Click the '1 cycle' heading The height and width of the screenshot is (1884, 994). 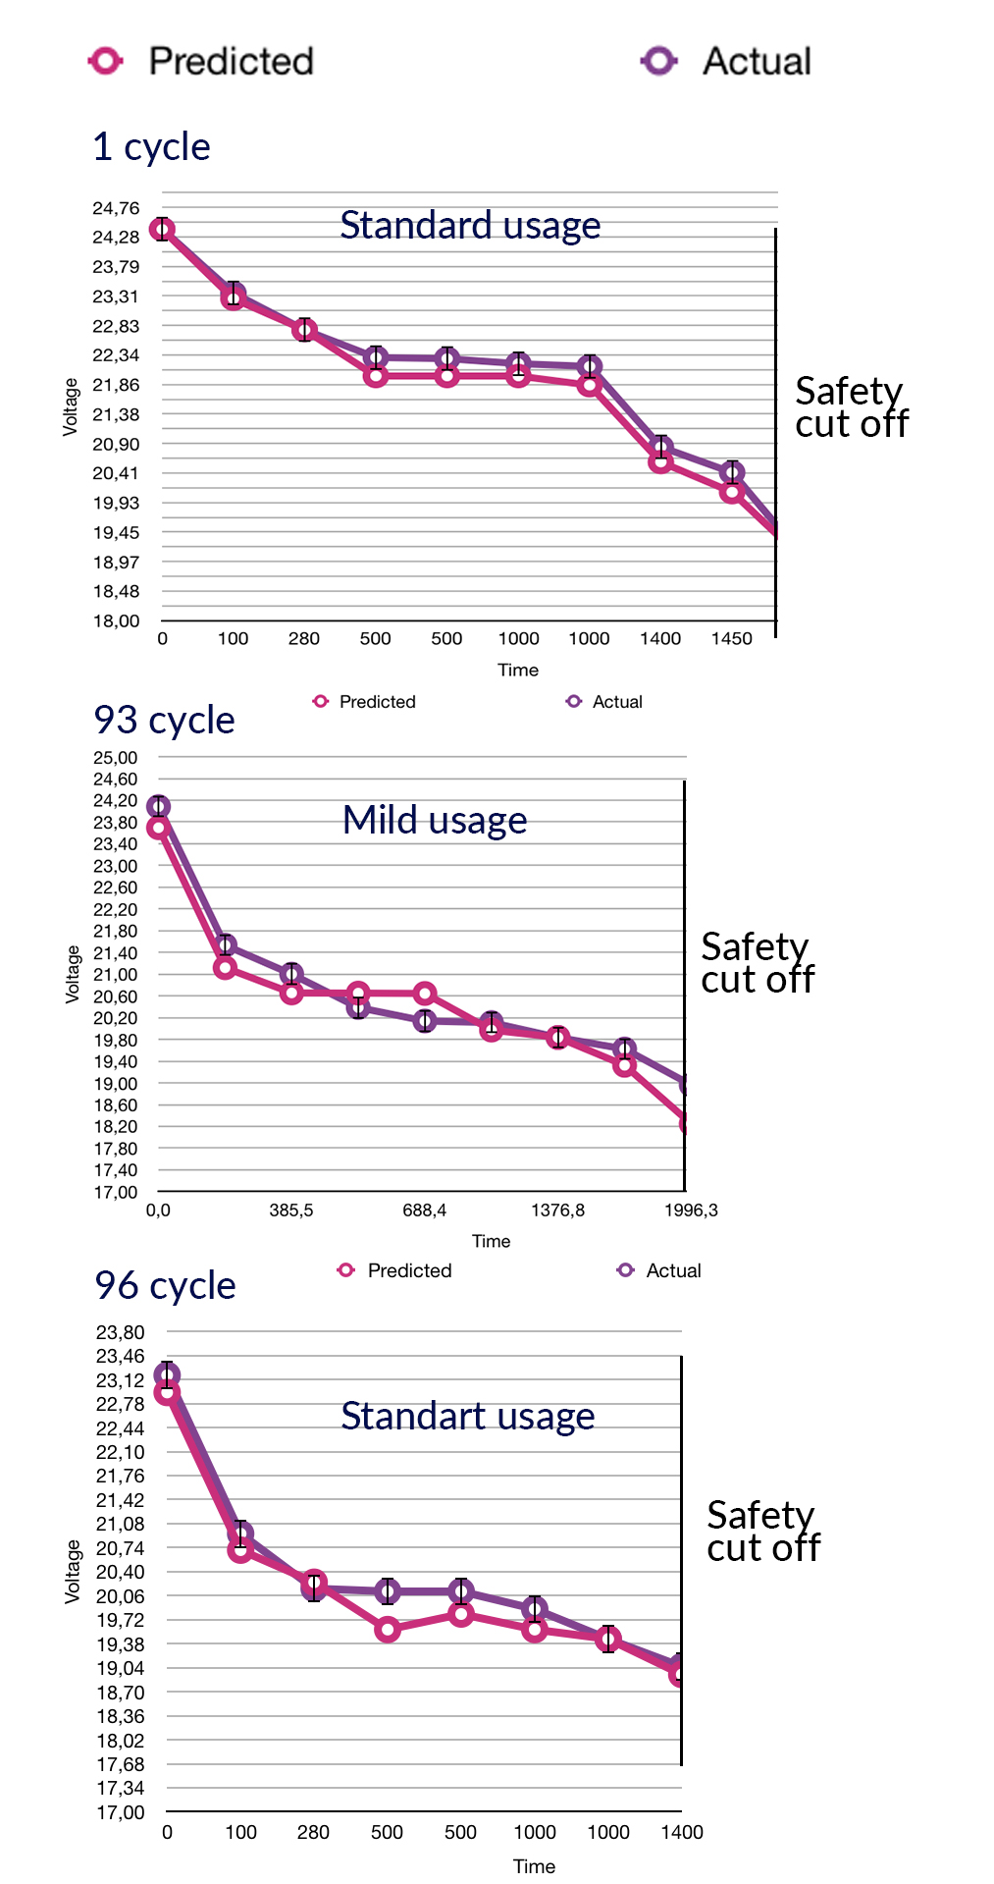[151, 147]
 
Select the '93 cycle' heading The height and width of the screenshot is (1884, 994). [164, 721]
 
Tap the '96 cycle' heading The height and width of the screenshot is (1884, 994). [165, 1286]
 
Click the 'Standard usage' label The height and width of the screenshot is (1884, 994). [470, 226]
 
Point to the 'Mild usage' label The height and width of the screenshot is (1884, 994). [435, 821]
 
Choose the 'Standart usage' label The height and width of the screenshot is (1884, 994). [467, 1417]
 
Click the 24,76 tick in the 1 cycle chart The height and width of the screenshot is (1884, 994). [116, 208]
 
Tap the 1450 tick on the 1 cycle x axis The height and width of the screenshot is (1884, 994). [731, 639]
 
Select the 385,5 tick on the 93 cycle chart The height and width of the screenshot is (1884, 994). [291, 1211]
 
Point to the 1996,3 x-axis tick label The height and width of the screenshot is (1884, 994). [691, 1211]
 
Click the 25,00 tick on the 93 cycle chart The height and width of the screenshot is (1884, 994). [116, 758]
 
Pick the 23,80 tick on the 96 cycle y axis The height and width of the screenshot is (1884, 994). [120, 1332]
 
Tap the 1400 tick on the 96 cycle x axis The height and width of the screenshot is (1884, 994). [681, 1832]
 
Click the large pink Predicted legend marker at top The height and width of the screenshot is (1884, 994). [105, 61]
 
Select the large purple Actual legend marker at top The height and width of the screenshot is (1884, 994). [658, 61]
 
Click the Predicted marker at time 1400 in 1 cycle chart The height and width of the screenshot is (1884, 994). [660, 461]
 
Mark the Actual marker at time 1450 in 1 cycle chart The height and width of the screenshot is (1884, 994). [731, 472]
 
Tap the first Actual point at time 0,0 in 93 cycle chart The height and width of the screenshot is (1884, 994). [158, 807]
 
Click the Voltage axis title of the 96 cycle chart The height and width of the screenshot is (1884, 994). [73, 1571]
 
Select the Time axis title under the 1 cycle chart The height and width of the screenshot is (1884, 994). [518, 671]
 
